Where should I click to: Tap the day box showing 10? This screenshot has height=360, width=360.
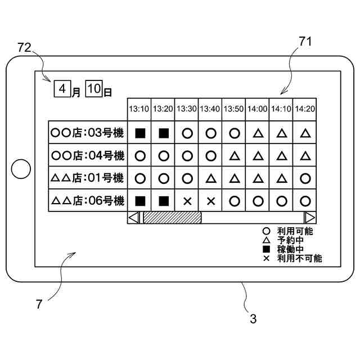coord(94,88)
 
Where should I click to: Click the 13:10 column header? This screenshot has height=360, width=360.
coord(139,109)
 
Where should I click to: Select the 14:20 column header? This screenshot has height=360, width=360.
coord(305,109)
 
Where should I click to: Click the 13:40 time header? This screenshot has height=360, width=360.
coord(210,109)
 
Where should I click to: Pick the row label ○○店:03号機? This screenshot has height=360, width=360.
coord(88,133)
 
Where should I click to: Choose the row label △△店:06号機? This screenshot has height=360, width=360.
coord(88,200)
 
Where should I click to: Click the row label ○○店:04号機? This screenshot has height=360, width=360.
coord(88,155)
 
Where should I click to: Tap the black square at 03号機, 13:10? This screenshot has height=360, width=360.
coord(140,133)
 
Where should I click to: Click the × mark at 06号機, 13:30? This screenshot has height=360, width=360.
coord(187,200)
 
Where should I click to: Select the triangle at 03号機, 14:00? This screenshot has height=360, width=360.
coord(258,133)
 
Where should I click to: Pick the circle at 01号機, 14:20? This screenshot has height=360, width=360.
coord(305,178)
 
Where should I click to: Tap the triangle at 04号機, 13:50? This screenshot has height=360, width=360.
coord(234,156)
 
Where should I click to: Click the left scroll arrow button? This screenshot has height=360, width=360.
coord(134,217)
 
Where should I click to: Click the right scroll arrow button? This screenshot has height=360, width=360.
coord(310,217)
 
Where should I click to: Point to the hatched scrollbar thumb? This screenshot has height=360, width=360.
coord(172,217)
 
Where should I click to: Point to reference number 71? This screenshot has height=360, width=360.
coord(305,42)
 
